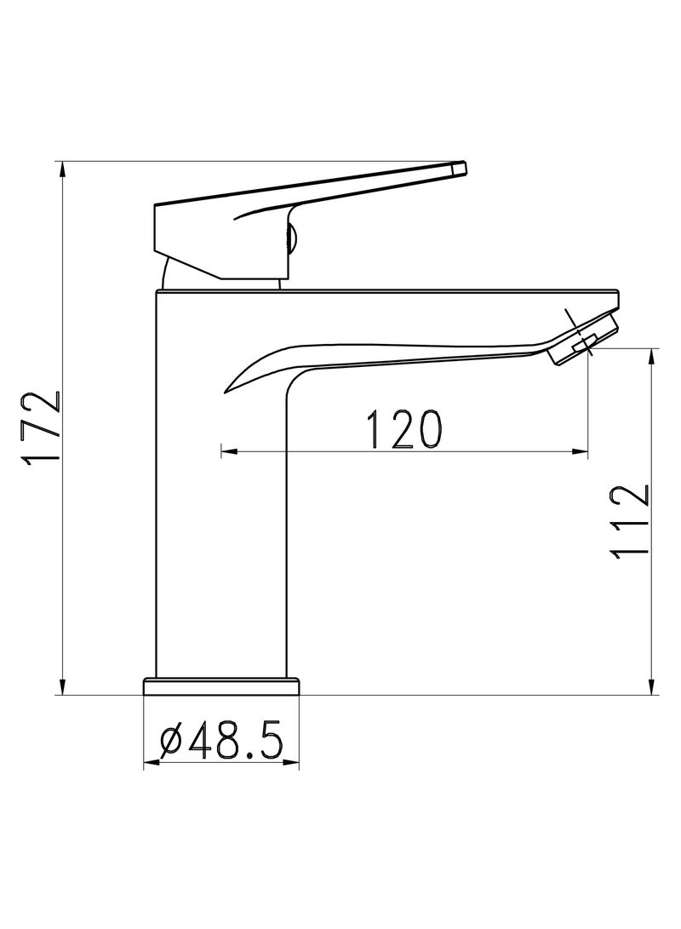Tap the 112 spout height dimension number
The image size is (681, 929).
(x=631, y=520)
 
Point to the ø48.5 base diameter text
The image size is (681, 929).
(x=221, y=742)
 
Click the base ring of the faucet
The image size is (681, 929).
(x=222, y=686)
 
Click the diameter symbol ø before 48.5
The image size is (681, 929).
(x=170, y=743)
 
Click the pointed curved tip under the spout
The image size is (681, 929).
(x=228, y=389)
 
